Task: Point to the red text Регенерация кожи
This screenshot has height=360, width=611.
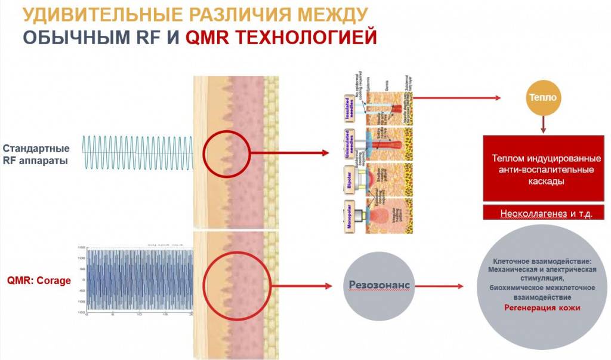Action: click(542, 308)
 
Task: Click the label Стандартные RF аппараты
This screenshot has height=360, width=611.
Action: click(36, 153)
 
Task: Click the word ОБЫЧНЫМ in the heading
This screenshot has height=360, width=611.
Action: click(73, 37)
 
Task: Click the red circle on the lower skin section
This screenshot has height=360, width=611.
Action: click(226, 280)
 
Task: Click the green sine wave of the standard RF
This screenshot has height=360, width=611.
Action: click(137, 153)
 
